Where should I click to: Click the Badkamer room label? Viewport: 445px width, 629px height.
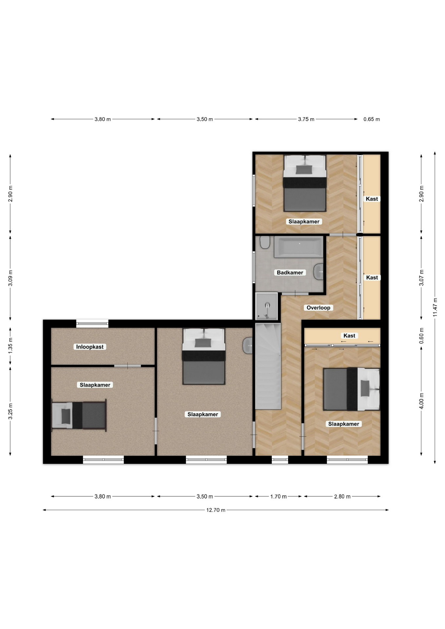pyautogui.click(x=290, y=273)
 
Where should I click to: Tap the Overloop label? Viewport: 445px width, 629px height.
pyautogui.click(x=318, y=308)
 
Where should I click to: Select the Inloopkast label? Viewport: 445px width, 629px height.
pyautogui.click(x=90, y=347)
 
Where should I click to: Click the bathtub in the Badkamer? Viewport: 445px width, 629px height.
pyautogui.click(x=299, y=247)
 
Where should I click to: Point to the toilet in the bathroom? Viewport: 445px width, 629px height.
pyautogui.click(x=265, y=242)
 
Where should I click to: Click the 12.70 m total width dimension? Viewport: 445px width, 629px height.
pyautogui.click(x=216, y=510)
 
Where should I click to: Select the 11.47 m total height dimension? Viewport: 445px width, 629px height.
pyautogui.click(x=435, y=307)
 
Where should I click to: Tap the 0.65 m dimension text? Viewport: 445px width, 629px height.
pyautogui.click(x=372, y=119)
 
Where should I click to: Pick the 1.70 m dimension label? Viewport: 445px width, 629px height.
pyautogui.click(x=278, y=497)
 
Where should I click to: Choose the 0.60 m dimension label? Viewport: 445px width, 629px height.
pyautogui.click(x=421, y=336)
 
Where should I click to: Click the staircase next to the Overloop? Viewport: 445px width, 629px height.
pyautogui.click(x=268, y=366)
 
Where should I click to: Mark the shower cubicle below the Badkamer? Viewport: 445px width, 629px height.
pyautogui.click(x=266, y=306)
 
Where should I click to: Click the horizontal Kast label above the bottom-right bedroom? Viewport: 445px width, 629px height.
pyautogui.click(x=349, y=336)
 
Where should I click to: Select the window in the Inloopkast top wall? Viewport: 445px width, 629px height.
pyautogui.click(x=92, y=324)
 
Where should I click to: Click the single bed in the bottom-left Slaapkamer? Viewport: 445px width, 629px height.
pyautogui.click(x=79, y=415)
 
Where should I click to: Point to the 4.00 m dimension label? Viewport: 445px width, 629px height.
pyautogui.click(x=421, y=401)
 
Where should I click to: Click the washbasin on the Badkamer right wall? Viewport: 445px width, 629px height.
pyautogui.click(x=319, y=272)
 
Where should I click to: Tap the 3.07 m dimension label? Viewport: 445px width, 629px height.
pyautogui.click(x=421, y=278)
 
